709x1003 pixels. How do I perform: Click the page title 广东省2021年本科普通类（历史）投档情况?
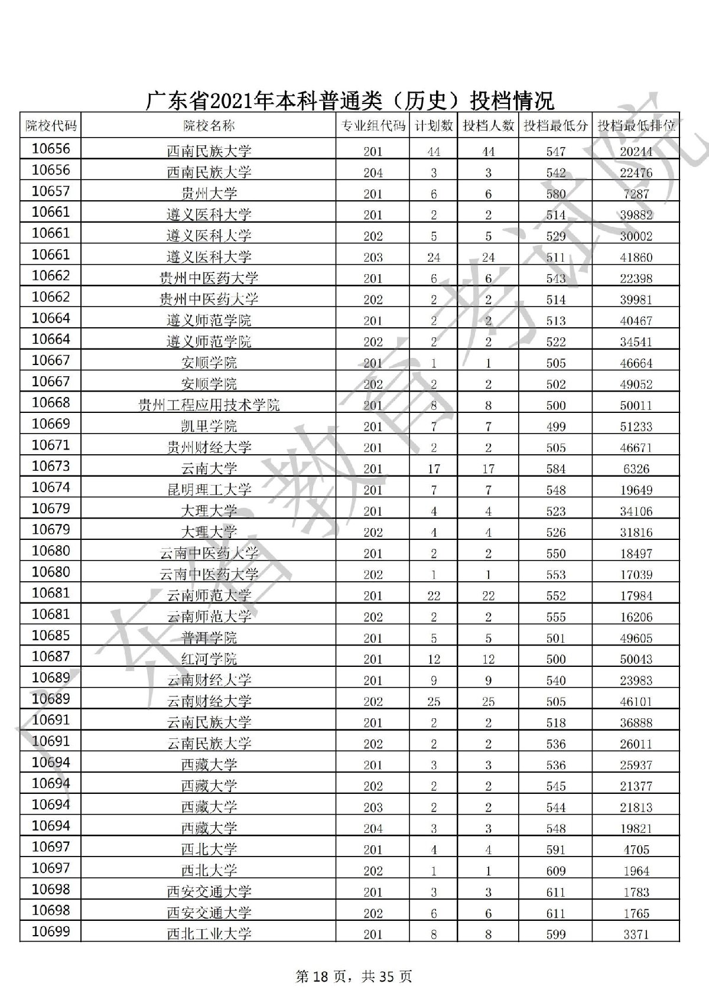click(x=350, y=100)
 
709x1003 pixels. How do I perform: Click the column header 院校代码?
click(x=50, y=125)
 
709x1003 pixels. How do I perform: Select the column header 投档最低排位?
click(x=636, y=125)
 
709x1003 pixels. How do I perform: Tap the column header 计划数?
click(x=434, y=125)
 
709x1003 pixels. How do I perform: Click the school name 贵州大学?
click(x=209, y=193)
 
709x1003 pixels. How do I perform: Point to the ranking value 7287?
click(x=636, y=194)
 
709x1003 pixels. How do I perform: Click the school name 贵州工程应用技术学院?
click(x=209, y=405)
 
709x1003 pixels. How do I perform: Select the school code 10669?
click(x=50, y=424)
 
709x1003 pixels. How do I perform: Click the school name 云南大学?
click(x=209, y=468)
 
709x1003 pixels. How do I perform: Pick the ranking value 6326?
click(x=636, y=469)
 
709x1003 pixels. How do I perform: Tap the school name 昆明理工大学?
click(x=209, y=490)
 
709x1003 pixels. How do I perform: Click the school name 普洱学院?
click(x=209, y=638)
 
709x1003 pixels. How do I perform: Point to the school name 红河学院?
click(x=209, y=659)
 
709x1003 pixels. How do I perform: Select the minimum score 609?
click(x=556, y=871)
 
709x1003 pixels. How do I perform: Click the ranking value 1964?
click(x=636, y=871)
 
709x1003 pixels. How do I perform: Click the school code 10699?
click(x=50, y=932)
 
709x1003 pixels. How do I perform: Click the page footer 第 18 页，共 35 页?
click(x=353, y=976)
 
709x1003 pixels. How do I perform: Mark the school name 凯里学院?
click(x=209, y=426)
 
